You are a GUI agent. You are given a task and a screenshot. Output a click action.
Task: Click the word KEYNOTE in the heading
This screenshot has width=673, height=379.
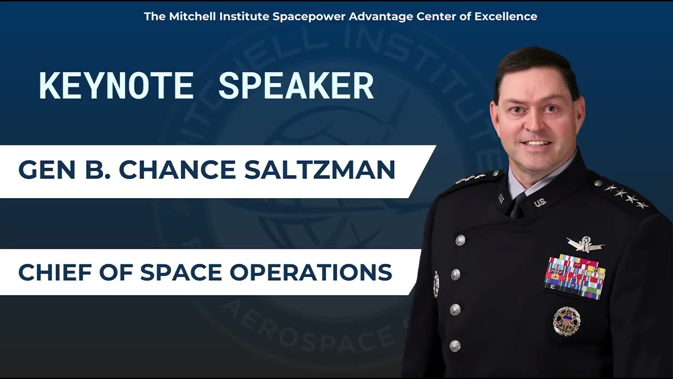tap(116, 86)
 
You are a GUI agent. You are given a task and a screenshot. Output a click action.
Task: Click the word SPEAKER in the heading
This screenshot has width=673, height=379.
tap(296, 86)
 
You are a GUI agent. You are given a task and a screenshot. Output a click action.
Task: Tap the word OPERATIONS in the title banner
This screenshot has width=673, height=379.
tap(311, 272)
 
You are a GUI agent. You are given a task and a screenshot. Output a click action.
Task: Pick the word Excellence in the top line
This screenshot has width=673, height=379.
tap(505, 16)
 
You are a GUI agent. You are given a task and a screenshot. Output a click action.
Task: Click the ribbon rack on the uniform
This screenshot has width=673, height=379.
tap(575, 277)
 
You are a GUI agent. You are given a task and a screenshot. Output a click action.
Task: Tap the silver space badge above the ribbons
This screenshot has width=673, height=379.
tap(586, 244)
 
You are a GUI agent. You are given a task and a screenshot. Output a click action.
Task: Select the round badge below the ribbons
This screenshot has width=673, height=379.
tap(566, 321)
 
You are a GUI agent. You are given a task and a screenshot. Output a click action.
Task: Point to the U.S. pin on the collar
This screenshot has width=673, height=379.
tap(539, 202)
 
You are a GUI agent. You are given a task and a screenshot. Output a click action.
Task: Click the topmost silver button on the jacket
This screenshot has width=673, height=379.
tap(460, 240)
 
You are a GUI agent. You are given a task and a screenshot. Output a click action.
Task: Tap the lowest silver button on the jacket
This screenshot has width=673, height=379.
tap(455, 346)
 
